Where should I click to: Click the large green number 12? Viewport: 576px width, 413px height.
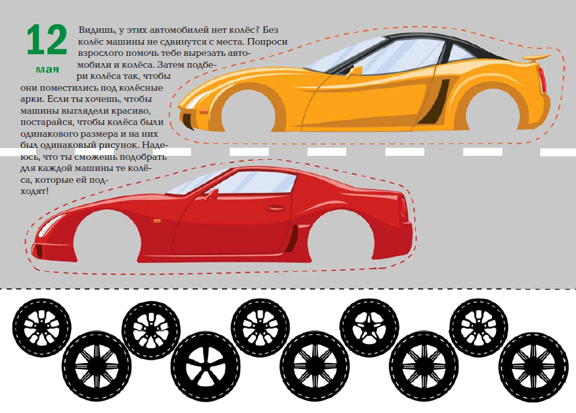47,40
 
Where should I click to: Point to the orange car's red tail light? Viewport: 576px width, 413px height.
542,80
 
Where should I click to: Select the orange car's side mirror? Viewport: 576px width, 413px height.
355,68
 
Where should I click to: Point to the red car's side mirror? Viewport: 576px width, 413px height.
211,194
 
